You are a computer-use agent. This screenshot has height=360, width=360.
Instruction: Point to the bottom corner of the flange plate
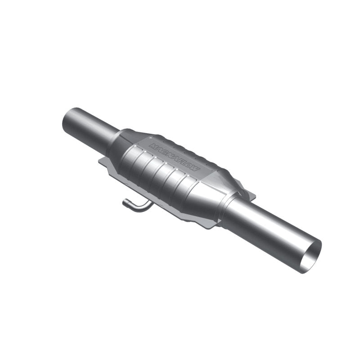point(210,227)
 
